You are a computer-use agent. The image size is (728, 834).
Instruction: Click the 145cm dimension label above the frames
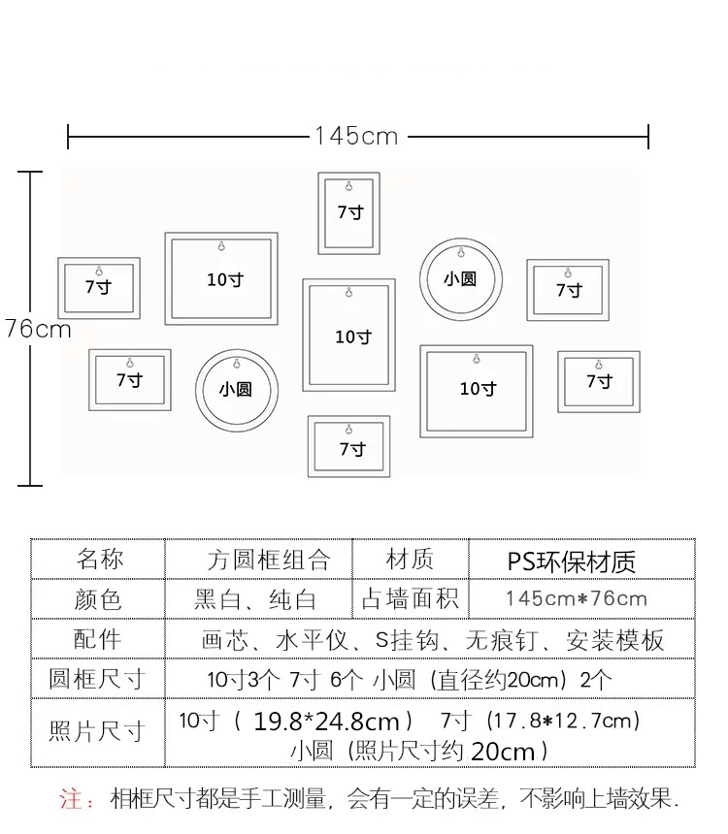[356, 137]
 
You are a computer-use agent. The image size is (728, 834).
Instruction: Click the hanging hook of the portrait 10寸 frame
[349, 292]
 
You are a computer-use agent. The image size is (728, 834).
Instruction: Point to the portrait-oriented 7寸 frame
[349, 213]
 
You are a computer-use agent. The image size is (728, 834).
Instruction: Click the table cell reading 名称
[100, 560]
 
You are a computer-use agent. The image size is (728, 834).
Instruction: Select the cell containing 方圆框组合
[269, 561]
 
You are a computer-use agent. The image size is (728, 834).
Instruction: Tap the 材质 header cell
[410, 560]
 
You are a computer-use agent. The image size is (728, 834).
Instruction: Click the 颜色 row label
[98, 599]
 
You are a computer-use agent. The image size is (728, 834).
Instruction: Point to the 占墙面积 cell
[410, 599]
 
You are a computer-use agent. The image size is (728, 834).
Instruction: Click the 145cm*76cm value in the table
[577, 599]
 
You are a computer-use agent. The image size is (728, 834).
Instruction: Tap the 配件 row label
[98, 640]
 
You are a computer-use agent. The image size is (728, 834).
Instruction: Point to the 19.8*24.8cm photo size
[326, 722]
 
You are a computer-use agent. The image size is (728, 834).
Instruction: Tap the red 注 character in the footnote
[70, 799]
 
